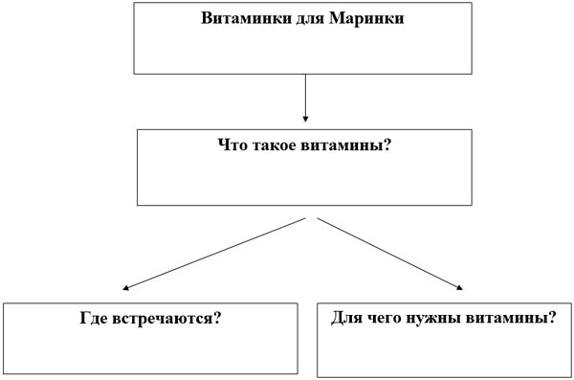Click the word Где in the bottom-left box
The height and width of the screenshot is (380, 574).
point(94,317)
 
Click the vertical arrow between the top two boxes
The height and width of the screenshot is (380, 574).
point(305,96)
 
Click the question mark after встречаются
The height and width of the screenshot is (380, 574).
point(219,317)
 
